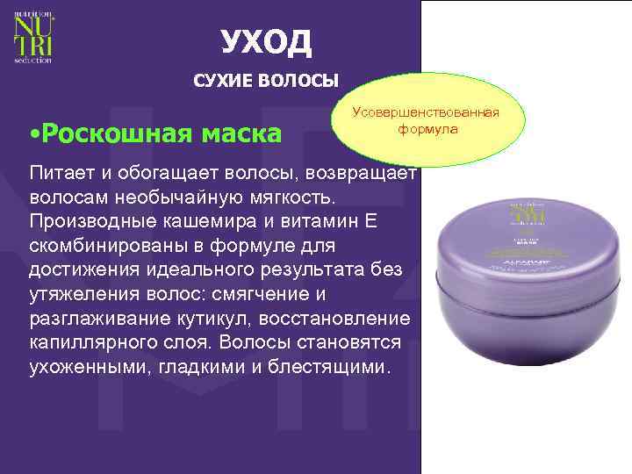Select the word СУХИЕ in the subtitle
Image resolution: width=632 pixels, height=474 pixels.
pos(224,82)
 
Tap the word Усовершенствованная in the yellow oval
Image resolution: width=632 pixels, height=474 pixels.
pos(425,112)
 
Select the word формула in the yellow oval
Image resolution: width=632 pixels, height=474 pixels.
pos(426,128)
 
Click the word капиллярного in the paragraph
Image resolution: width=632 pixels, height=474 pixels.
pos(85,341)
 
